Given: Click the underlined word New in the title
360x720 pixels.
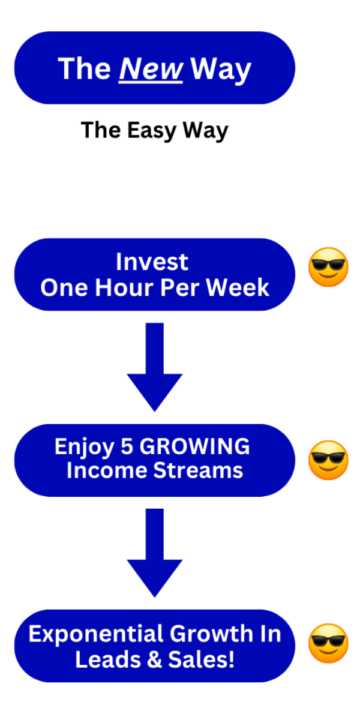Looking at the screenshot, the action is tap(151, 69).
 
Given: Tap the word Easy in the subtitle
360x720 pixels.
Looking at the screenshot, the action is tap(152, 131).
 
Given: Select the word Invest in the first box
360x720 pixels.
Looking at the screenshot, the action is tap(152, 262).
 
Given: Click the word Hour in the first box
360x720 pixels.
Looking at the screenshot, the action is tap(124, 287).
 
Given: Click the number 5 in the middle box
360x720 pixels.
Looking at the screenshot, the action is tap(127, 446).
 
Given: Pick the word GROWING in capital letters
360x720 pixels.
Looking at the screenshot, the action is tap(194, 446).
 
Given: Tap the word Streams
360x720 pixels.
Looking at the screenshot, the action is tap(198, 470).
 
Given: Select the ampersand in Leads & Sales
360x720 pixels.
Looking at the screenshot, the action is tap(154, 659).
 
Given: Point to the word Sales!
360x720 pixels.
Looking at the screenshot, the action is tap(201, 659).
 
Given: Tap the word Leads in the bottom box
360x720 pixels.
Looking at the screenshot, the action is tap(108, 659).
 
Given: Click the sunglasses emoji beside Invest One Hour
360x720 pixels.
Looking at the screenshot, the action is tap(328, 267).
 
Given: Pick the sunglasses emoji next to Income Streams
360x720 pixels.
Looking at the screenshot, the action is tap(328, 460).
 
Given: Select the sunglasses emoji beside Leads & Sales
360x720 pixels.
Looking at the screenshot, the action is tap(328, 643).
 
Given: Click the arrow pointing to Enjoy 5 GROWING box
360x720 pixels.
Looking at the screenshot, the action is tap(155, 367).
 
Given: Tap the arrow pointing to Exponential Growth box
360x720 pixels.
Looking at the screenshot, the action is tap(155, 553).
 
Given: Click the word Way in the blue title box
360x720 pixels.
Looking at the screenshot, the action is tap(221, 69).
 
